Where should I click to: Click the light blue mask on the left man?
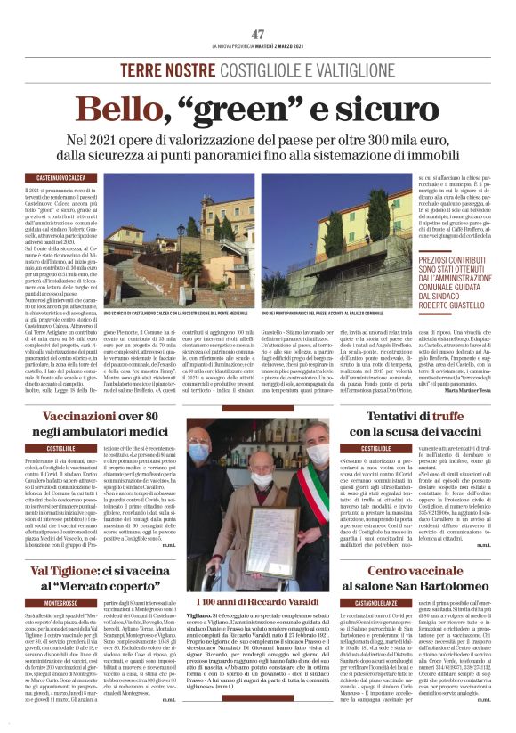click(211, 454)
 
